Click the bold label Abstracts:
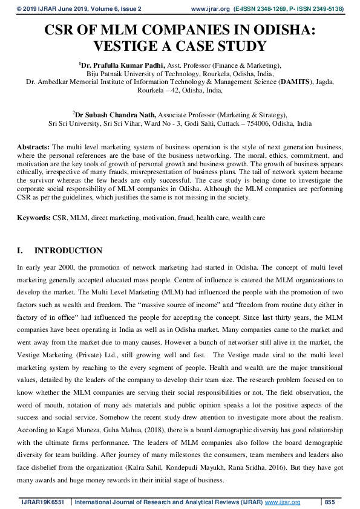click(33, 148)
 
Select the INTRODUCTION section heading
click(68, 250)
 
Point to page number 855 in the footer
click(330, 502)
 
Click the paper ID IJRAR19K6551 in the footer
click(43, 502)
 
